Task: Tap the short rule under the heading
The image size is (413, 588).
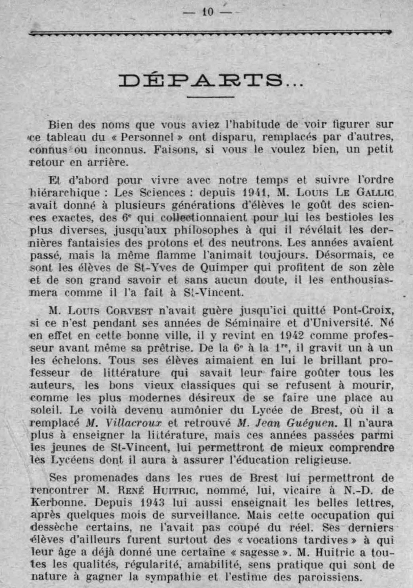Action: point(210,97)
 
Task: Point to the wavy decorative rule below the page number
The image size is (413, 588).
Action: point(210,33)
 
